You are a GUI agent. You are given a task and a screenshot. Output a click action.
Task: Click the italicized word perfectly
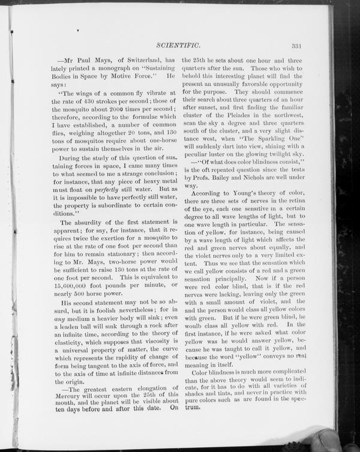(x=116, y=189)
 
